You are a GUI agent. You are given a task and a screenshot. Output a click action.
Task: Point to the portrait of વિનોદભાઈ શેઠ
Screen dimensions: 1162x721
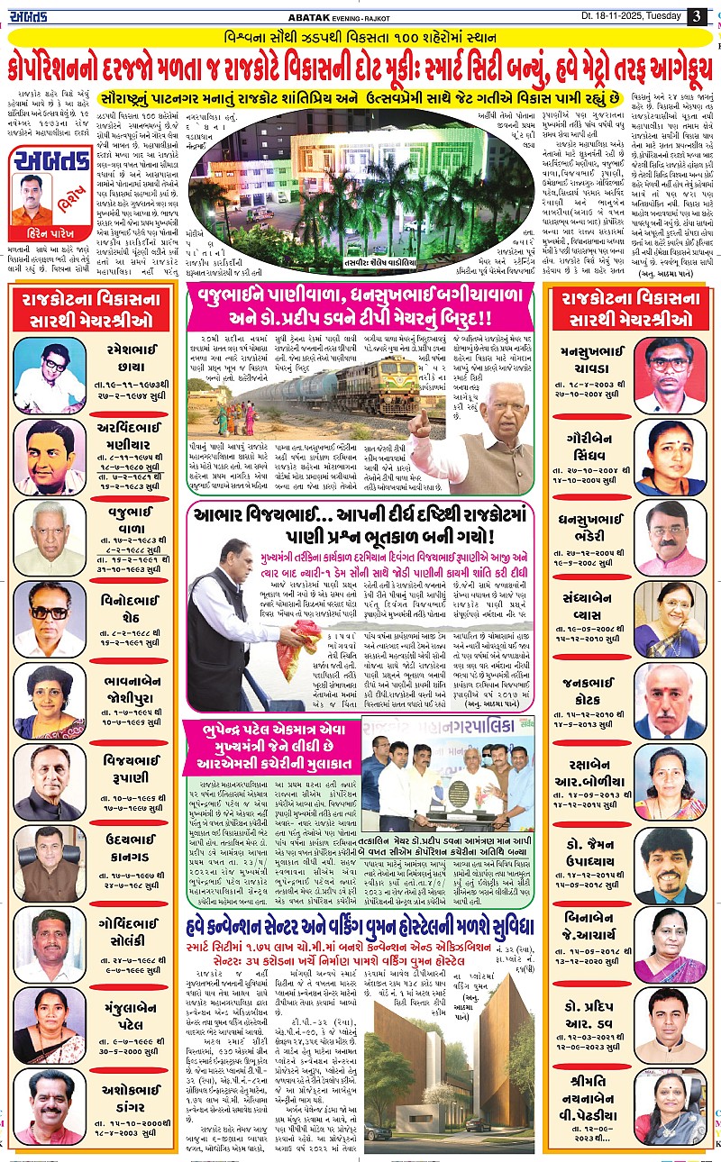[50, 618]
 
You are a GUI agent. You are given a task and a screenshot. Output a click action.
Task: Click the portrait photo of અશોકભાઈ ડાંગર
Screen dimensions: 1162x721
[50, 1105]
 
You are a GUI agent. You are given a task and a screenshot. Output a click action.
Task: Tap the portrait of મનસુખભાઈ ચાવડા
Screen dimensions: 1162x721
[670, 362]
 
